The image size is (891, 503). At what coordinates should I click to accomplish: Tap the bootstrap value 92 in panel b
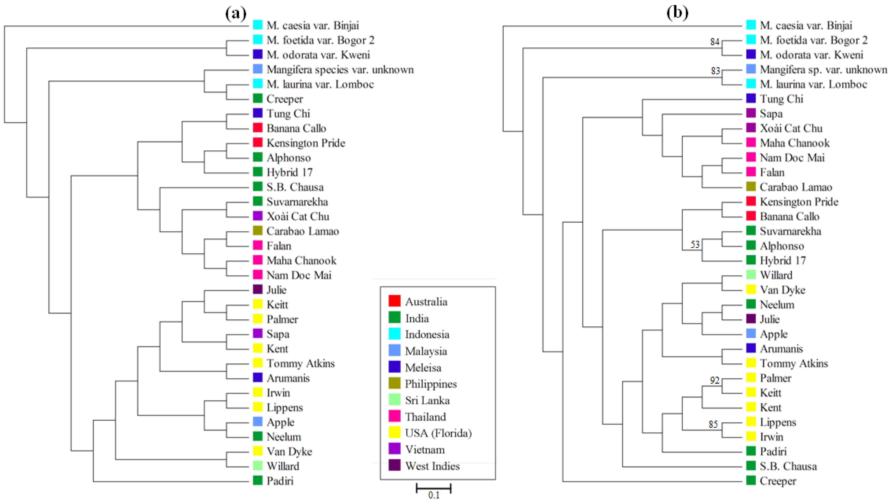(715, 380)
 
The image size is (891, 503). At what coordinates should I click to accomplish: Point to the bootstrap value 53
(695, 244)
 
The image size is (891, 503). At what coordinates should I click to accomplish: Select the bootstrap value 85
(713, 424)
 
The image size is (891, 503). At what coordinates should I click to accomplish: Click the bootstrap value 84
(715, 42)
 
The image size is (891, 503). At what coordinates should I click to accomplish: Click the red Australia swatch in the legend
(395, 301)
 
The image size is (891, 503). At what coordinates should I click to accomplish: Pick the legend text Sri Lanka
(427, 400)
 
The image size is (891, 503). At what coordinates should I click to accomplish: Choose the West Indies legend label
(432, 466)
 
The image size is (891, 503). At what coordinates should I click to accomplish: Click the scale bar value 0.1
(434, 495)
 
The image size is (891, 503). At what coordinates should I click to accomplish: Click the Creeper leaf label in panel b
(778, 481)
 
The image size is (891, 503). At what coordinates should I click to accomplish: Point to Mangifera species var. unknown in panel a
(340, 69)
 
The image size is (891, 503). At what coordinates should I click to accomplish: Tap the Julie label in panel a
(277, 290)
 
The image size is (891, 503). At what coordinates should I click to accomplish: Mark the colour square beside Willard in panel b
(751, 275)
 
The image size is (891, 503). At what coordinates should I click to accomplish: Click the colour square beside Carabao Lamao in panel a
(258, 230)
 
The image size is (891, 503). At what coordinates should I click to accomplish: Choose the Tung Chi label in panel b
(781, 99)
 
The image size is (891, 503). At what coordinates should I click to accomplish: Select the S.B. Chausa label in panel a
(295, 187)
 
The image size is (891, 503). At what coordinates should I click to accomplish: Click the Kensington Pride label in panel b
(799, 201)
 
